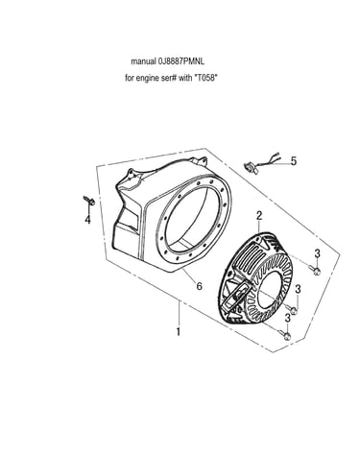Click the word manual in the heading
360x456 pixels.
(143, 61)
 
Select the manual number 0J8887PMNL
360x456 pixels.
(181, 61)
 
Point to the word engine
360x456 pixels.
(147, 79)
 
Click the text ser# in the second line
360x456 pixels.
(168, 78)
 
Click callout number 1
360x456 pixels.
(179, 331)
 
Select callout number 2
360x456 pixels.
(259, 216)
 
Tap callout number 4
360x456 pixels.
(87, 220)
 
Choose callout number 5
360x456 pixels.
(294, 161)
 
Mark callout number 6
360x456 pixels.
(200, 286)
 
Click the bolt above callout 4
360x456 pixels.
(89, 201)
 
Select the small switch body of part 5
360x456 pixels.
(251, 167)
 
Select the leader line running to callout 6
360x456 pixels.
(189, 276)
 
